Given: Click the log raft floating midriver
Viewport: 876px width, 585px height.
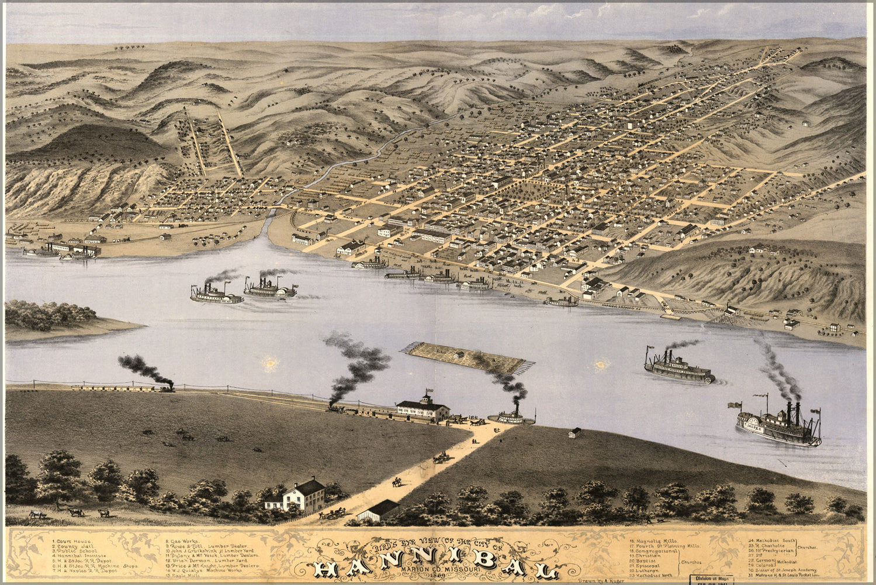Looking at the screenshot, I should point(466,358).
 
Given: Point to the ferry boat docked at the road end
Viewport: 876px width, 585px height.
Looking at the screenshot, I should point(511,417).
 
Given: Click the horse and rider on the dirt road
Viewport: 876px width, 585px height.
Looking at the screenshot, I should point(397,482).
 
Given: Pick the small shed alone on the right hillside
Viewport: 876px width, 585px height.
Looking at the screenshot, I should point(575,433).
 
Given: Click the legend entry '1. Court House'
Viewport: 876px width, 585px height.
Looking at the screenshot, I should point(70,542).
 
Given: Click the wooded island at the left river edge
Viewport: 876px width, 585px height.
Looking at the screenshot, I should point(53,316).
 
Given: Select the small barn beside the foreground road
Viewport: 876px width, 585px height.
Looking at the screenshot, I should point(379,510).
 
